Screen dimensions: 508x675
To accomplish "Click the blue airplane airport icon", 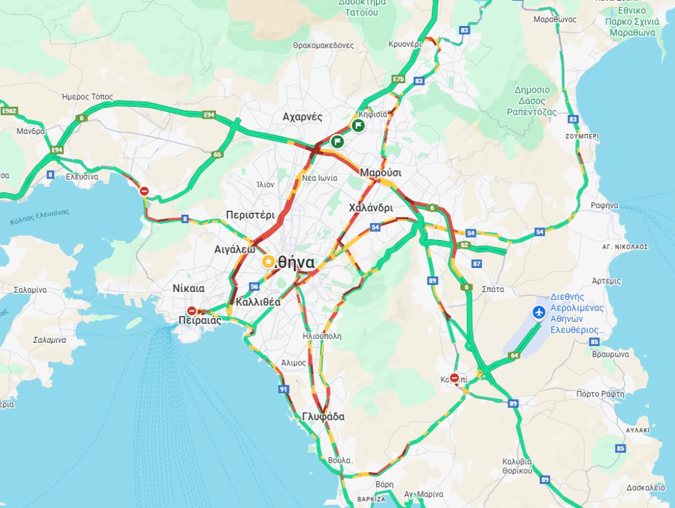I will pos(539,312).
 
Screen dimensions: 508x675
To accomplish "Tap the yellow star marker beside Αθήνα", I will pos(269,262).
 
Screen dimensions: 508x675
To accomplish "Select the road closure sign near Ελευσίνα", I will pos(144,191).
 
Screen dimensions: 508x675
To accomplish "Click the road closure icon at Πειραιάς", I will pos(192,311).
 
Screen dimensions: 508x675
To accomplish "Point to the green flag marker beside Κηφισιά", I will pos(358,126).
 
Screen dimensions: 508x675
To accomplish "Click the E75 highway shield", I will pos(398,79).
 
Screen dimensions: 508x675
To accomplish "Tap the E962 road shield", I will pos(8,111).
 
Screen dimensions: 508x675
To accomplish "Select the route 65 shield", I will pos(217,154).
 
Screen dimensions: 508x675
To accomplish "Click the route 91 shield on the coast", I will pos(283,389).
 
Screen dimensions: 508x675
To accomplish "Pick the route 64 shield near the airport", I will pos(514,356).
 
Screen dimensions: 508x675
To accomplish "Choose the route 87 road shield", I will pos(477,264).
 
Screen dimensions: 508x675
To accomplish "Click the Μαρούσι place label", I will pos(380,173).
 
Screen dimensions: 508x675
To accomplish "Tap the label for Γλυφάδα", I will pos(323,417).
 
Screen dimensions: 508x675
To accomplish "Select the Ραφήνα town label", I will pos(604,205).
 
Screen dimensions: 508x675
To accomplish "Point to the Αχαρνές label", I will pos(302,117).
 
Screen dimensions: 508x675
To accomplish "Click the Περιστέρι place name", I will pos(250,215).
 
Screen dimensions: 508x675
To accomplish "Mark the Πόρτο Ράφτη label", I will pos(596,394).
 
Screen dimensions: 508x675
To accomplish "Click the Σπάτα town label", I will pos(493,289).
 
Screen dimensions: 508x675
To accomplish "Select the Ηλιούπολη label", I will pos(323,336).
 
